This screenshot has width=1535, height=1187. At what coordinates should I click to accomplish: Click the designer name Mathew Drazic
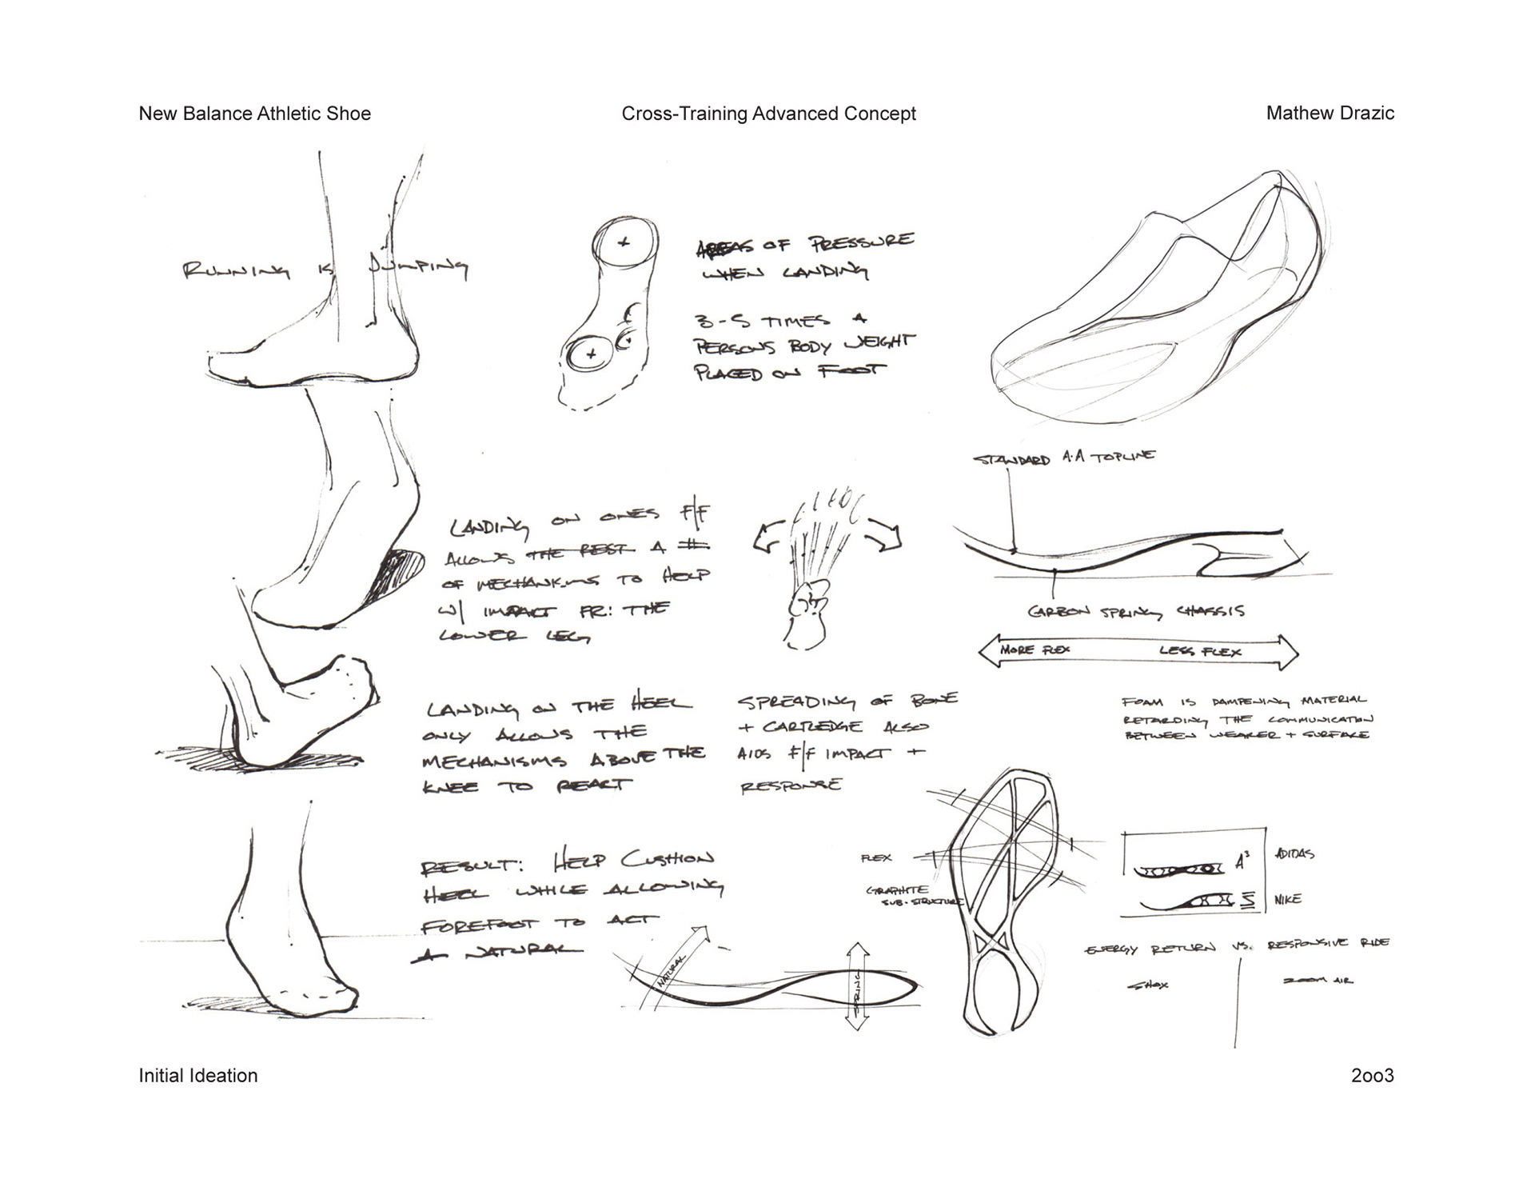coord(1330,114)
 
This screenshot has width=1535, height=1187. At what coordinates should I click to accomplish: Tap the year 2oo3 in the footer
coord(1372,1076)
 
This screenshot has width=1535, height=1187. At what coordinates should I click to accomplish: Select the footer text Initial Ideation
coord(198,1076)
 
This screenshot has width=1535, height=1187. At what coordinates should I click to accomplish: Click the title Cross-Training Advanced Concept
coord(768,114)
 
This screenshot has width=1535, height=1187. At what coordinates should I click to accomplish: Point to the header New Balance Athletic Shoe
coord(254,114)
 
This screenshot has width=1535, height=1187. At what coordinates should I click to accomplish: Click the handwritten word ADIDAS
coord(1294,853)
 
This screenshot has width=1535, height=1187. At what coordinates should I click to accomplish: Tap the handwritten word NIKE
coord(1288,899)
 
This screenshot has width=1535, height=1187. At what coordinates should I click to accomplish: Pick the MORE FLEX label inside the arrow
coord(1035,649)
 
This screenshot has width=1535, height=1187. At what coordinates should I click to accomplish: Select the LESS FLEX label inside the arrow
coord(1200,651)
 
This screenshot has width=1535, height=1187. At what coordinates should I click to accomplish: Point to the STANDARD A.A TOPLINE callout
coord(1063,458)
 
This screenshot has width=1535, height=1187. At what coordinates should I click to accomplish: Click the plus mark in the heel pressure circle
coord(624,242)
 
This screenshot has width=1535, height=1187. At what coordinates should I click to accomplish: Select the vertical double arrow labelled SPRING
coord(858,986)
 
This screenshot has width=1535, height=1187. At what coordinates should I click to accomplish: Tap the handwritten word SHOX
coord(1148,985)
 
